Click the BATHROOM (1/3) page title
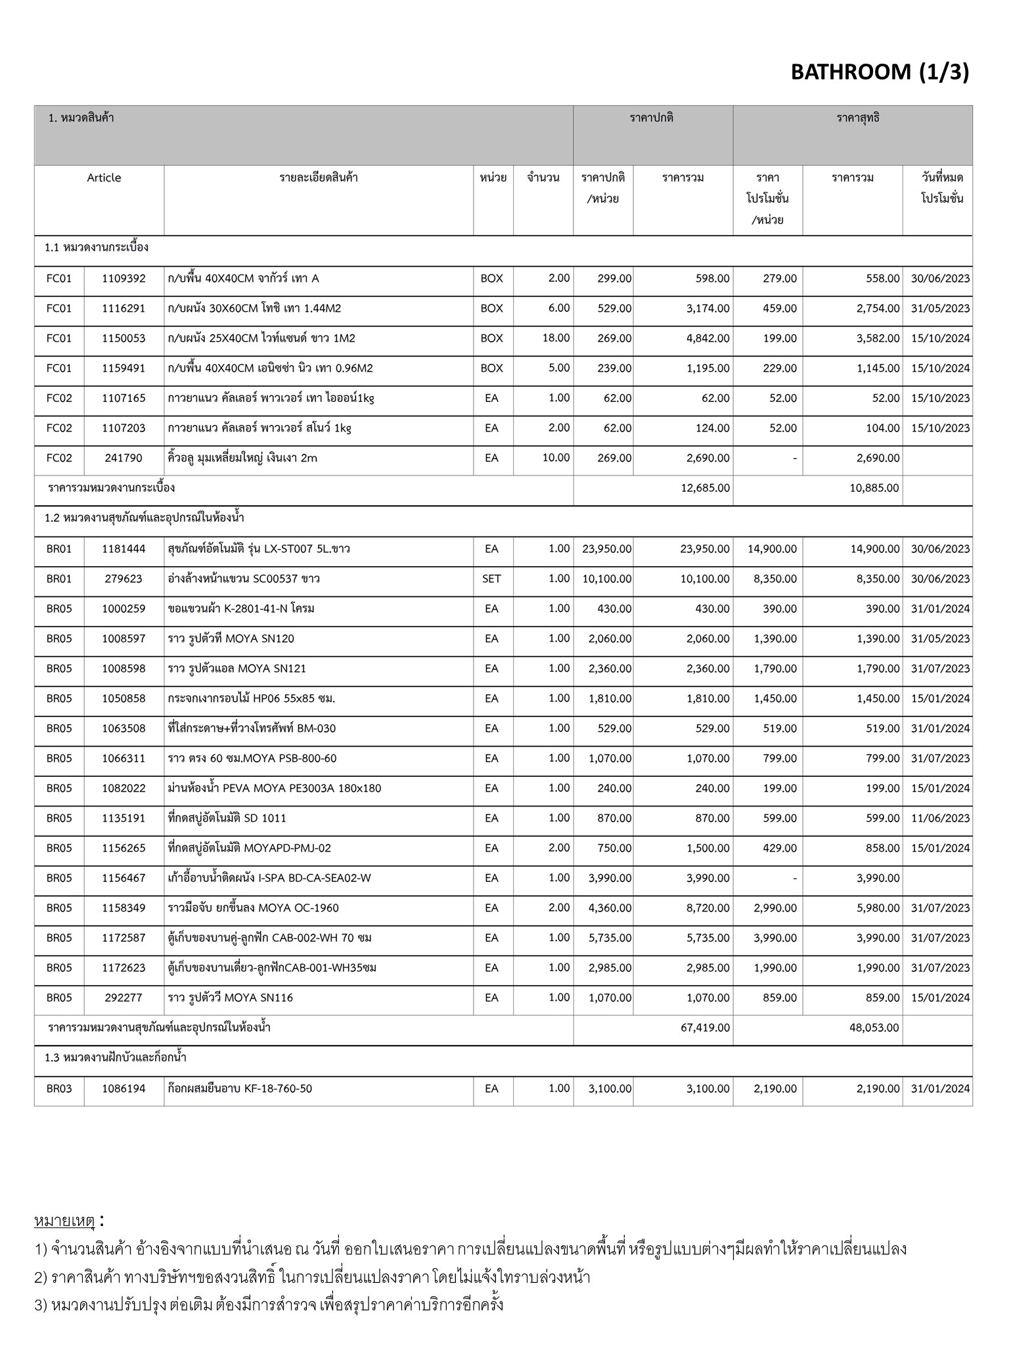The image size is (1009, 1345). (x=879, y=72)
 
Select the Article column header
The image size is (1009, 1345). (x=104, y=178)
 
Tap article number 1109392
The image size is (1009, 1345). (x=123, y=278)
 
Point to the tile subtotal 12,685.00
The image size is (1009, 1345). (x=706, y=488)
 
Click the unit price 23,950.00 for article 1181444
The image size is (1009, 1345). (x=606, y=549)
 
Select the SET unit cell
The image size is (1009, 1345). (x=491, y=579)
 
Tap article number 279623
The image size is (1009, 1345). (x=123, y=579)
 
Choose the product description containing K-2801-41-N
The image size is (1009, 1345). (x=241, y=609)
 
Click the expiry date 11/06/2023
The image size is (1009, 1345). (x=940, y=818)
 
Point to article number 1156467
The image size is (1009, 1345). (x=123, y=878)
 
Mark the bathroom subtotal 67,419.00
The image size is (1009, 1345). (x=705, y=1028)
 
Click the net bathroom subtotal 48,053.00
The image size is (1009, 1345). (x=874, y=1028)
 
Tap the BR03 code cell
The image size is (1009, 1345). (x=59, y=1088)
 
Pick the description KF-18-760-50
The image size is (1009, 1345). (x=240, y=1088)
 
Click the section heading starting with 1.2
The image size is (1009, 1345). (x=145, y=518)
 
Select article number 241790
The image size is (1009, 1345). (x=123, y=458)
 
